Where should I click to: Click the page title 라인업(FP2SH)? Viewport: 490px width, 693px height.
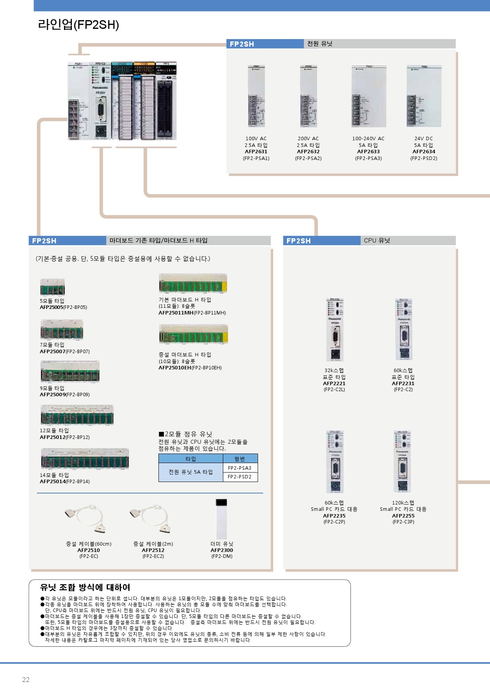pos(78,24)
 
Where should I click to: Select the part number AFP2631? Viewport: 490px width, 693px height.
pos(256,151)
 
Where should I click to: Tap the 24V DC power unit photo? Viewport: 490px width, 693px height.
pos(424,96)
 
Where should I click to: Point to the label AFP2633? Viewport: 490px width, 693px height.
pos(368,151)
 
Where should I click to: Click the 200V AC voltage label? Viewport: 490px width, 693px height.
pos(308,139)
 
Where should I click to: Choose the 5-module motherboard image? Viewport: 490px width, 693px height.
pos(52,287)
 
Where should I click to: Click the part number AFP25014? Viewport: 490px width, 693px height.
pos(52,481)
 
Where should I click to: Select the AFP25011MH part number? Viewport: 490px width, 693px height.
pos(176,313)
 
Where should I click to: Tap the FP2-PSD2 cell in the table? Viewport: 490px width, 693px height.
pos(239,476)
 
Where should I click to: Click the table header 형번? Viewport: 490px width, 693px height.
pos(240,459)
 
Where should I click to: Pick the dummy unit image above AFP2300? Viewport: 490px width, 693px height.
pos(222,519)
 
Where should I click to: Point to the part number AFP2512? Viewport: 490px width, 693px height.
pos(153,550)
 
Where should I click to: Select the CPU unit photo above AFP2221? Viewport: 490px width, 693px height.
pos(335,330)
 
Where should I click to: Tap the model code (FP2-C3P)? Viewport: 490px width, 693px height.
pos(403,522)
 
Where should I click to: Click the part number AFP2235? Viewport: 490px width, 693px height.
pos(334,516)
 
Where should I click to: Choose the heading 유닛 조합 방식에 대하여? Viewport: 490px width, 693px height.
pos(85,588)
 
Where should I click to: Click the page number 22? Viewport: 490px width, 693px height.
pos(26,680)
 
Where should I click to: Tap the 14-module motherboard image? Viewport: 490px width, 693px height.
pos(85,459)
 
